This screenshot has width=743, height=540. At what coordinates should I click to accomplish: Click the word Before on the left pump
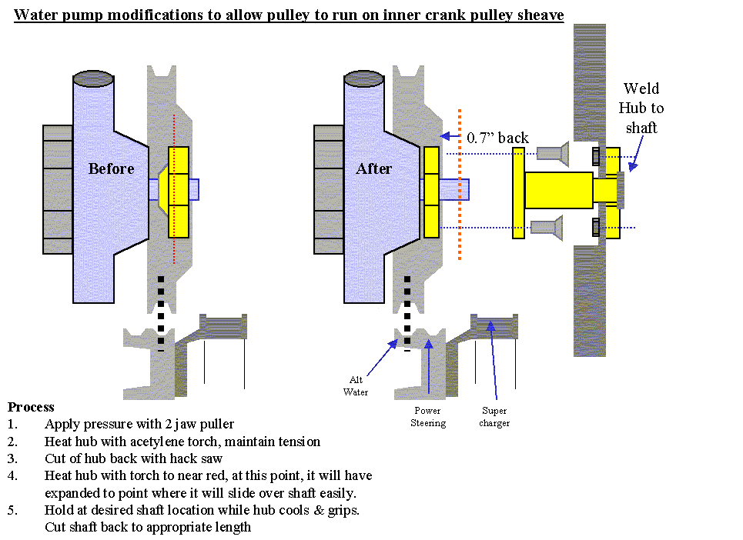point(111,168)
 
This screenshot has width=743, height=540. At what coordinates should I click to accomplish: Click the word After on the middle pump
point(374,168)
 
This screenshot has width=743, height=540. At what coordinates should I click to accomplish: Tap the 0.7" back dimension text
point(498,138)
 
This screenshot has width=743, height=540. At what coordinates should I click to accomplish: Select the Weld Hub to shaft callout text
point(641,108)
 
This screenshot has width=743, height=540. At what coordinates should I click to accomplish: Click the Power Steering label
point(427,417)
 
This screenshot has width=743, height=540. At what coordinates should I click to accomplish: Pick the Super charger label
point(494,417)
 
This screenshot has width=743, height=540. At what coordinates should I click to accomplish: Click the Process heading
point(31,407)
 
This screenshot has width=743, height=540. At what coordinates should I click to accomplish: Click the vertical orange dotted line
point(460,185)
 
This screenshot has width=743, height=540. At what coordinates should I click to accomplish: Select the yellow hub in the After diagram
point(431,192)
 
